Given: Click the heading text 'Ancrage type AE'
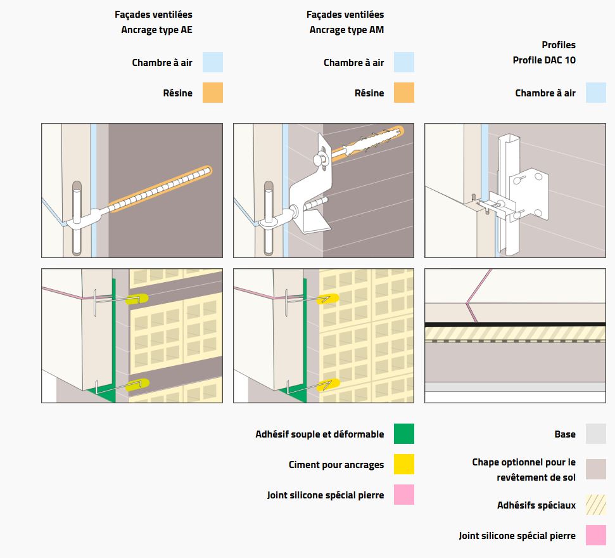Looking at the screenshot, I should (x=156, y=29).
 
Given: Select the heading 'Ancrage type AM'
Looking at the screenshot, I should (x=346, y=29).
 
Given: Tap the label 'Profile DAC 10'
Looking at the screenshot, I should (x=544, y=60).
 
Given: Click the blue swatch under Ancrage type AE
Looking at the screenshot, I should (x=213, y=62).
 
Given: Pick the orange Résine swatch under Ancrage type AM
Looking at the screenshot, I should (x=404, y=93).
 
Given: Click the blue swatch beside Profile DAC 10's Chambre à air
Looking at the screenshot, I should (x=595, y=93).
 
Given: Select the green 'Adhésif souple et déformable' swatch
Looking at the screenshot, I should (x=404, y=434).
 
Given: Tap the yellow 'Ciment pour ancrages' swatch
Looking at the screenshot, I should (x=404, y=464).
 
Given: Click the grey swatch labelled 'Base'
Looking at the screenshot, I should (x=595, y=434).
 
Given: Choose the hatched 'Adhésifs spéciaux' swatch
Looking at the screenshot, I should (x=595, y=505).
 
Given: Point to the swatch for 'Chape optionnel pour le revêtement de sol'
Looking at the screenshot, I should (x=595, y=469).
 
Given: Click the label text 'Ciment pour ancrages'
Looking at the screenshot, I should (x=336, y=465).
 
